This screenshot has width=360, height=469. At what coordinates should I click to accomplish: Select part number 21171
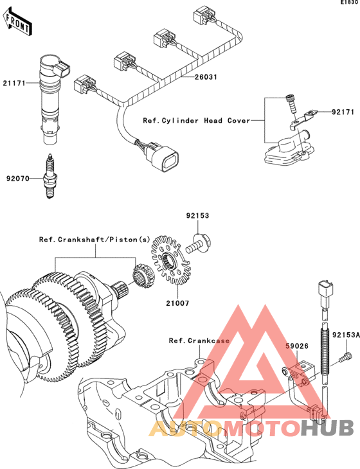pyautogui.click(x=14, y=83)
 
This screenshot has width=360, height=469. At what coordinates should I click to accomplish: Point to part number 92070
pyautogui.click(x=17, y=179)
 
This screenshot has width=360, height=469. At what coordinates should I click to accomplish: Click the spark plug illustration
pyautogui.click(x=50, y=176)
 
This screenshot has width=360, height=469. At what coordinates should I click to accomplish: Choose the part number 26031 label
pyautogui.click(x=206, y=77)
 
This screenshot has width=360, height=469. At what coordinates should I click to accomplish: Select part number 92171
pyautogui.click(x=343, y=112)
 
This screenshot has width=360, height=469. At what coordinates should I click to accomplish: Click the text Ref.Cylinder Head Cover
pyautogui.click(x=197, y=121)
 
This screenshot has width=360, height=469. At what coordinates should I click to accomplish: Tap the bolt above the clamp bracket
pyautogui.click(x=291, y=103)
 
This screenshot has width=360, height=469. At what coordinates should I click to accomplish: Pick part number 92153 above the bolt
pyautogui.click(x=197, y=216)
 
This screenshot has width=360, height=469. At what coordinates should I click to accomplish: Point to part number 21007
pyautogui.click(x=178, y=303)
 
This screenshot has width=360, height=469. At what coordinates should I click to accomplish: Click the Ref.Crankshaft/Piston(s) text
pyautogui.click(x=94, y=240)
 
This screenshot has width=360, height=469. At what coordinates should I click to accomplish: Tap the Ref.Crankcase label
pyautogui.click(x=199, y=341)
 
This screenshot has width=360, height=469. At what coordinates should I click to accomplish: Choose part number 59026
pyautogui.click(x=297, y=346)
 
